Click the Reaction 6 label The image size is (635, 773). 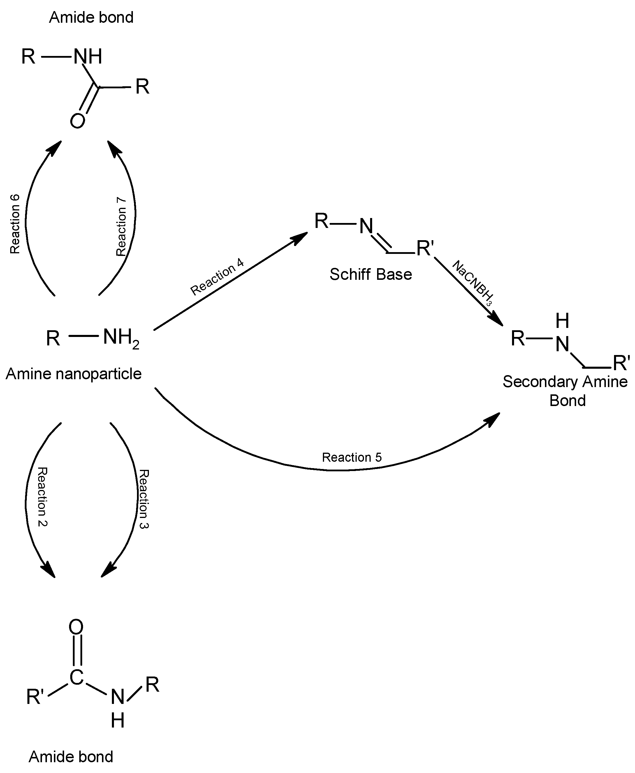[15, 224]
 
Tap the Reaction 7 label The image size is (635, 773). [121, 226]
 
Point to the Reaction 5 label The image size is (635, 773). [351, 457]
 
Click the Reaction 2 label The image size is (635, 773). [43, 496]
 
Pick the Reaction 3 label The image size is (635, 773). [143, 499]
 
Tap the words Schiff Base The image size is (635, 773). [371, 274]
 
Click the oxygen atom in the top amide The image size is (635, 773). [78, 121]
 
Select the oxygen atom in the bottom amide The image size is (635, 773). [76, 627]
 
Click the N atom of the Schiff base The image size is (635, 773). [366, 226]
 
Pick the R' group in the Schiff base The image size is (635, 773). [425, 248]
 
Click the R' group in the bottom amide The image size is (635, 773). [35, 697]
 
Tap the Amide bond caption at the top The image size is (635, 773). [91, 17]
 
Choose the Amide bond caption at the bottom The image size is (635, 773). [71, 757]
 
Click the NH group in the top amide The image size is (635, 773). [88, 57]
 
